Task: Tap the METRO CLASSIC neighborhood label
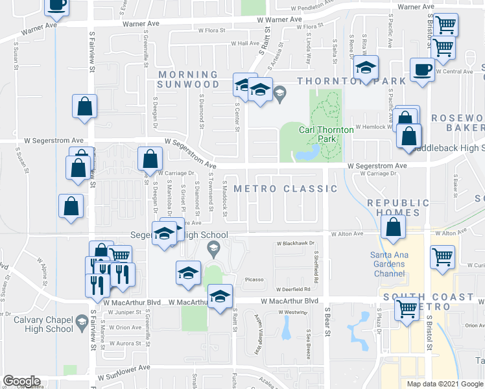tap(285, 189)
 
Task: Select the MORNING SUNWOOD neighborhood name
tap(188, 80)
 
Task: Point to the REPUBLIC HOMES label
tap(398, 207)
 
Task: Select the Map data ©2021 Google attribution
tap(445, 384)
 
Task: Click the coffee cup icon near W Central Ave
tap(423, 70)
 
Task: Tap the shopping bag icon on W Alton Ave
tap(394, 228)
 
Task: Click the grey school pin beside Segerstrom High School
tap(212, 248)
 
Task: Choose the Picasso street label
tap(254, 279)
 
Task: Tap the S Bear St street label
tap(327, 317)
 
